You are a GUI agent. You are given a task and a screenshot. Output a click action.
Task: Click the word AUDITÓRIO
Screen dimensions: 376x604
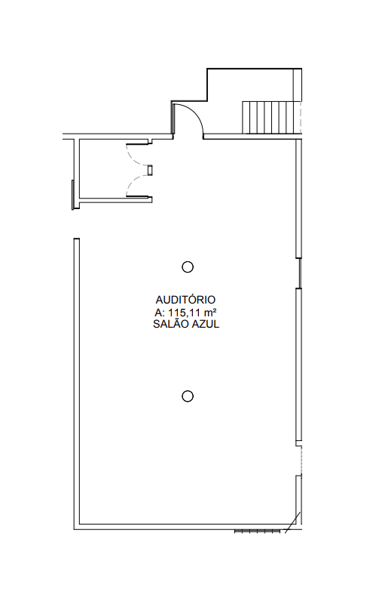click(185, 300)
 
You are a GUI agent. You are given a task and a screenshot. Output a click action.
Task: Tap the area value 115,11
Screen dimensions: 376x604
click(183, 312)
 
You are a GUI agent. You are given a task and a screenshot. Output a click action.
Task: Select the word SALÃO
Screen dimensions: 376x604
click(170, 324)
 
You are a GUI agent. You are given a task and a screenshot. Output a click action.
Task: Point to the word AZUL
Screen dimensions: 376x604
click(205, 324)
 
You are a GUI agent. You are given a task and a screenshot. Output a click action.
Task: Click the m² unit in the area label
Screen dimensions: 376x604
click(208, 312)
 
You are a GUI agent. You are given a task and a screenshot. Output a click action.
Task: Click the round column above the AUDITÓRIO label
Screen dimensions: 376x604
click(187, 267)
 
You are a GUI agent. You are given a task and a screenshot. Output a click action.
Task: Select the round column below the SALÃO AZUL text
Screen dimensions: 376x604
click(187, 396)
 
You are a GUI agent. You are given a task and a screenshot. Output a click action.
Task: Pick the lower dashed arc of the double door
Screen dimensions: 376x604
click(133, 183)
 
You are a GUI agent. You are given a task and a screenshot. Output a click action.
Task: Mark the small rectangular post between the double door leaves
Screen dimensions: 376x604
click(150, 170)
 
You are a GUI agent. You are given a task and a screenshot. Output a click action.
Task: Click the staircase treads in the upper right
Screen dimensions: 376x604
click(271, 117)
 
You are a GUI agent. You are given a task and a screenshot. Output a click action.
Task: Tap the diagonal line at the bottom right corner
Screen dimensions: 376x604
click(292, 522)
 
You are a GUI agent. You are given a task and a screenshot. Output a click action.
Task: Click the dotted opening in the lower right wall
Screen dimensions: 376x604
click(301, 461)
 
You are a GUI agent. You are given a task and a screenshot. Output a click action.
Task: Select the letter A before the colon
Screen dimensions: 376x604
click(157, 312)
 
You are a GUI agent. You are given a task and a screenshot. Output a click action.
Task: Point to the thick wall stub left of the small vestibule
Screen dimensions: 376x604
click(72, 195)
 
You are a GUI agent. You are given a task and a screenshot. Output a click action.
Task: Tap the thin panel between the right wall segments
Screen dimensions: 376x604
click(300, 273)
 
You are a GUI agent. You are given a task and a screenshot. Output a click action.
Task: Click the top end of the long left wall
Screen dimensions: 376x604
click(77, 239)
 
